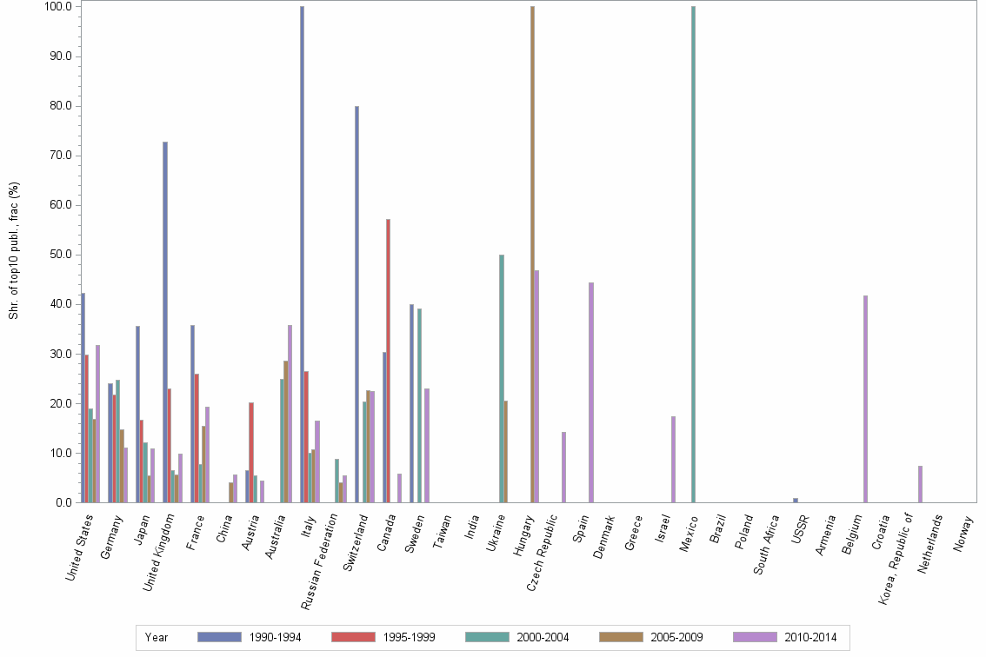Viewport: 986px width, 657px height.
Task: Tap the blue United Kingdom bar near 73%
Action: pos(164,322)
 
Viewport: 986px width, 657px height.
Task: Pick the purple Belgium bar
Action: pos(865,399)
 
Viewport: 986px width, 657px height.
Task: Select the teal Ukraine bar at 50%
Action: pos(502,378)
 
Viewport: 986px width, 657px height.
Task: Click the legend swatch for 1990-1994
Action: pos(219,637)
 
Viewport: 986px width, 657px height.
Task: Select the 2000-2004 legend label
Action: pos(543,638)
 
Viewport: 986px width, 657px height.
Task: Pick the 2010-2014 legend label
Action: pos(811,638)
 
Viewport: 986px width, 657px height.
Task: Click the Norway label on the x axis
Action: pos(964,532)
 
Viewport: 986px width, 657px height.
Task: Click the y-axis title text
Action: pos(14,250)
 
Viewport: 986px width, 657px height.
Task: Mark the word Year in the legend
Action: pos(157,638)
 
